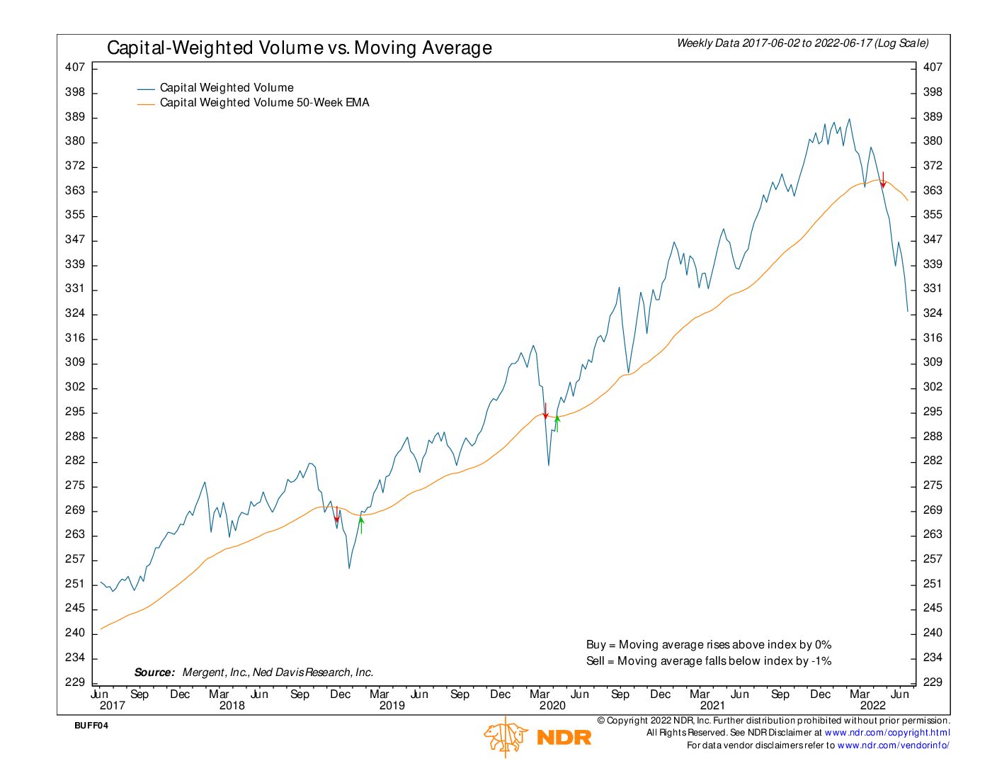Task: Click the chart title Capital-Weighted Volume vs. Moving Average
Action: tap(299, 48)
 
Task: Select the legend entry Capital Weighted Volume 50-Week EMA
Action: tap(264, 103)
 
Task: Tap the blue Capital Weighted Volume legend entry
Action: tap(227, 88)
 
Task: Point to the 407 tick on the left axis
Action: tap(75, 67)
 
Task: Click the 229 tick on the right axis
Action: tap(933, 682)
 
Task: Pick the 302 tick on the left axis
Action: tap(75, 387)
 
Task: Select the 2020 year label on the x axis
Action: tap(552, 705)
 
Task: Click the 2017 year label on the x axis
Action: tap(112, 705)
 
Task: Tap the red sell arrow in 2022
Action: tap(883, 180)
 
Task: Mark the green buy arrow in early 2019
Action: tap(361, 524)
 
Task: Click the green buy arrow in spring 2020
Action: tap(557, 423)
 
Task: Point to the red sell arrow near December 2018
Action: tap(336, 515)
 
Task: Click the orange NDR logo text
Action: tap(564, 738)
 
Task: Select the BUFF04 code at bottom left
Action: tap(91, 726)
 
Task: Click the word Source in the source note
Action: tap(154, 672)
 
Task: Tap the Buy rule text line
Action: tap(708, 645)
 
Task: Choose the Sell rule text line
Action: tap(708, 661)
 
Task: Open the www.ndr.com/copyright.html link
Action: tap(887, 733)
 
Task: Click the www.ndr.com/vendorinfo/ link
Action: tap(893, 745)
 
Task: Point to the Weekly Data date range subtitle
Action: tap(802, 43)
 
